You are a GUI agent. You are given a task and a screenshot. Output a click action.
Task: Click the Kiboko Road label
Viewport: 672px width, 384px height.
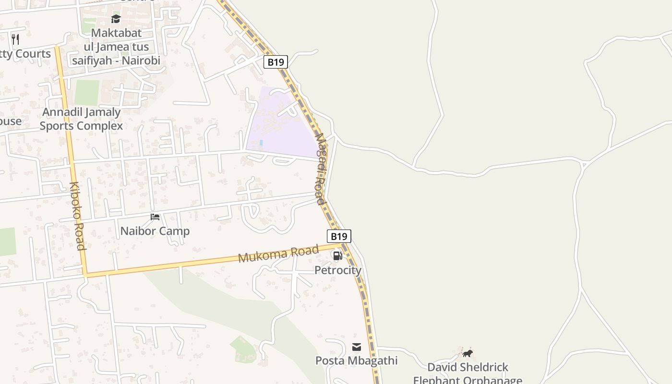pos(77,216)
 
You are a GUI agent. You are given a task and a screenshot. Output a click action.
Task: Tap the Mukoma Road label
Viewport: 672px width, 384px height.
pos(278,253)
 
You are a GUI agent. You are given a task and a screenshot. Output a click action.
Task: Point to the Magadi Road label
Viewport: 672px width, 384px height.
pos(321,169)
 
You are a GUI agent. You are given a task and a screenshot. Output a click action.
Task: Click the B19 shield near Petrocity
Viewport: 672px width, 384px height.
pos(339,236)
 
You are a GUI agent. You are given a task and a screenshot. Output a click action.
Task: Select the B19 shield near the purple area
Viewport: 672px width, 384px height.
pos(276,62)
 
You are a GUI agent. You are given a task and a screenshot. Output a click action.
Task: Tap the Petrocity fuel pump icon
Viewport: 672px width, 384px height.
pos(338,256)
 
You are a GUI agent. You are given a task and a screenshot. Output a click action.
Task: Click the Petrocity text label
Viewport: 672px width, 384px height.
pos(338,270)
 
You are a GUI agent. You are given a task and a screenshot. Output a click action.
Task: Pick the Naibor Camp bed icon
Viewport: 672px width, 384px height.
pos(155,217)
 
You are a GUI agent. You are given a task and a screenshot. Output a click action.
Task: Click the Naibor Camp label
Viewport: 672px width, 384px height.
pos(155,231)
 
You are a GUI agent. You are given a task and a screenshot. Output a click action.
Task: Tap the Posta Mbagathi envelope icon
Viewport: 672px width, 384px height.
pos(357,347)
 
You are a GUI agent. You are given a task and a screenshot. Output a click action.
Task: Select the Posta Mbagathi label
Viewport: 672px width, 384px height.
pos(357,360)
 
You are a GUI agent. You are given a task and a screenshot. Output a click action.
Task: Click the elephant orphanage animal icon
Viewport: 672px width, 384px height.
pos(468,354)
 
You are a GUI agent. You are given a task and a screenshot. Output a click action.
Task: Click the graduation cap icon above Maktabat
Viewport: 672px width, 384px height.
pos(116,19)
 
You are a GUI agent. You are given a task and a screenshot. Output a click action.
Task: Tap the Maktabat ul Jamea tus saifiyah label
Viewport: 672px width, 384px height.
pos(116,47)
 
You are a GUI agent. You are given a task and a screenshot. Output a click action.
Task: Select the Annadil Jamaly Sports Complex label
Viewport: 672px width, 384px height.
pos(81,119)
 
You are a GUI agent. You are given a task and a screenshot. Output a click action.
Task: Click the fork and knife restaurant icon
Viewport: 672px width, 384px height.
pos(15,39)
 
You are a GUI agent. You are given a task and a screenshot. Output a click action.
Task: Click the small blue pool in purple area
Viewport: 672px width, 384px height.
pos(261,143)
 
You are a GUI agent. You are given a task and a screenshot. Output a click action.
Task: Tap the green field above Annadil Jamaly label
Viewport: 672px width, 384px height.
pos(87,93)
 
